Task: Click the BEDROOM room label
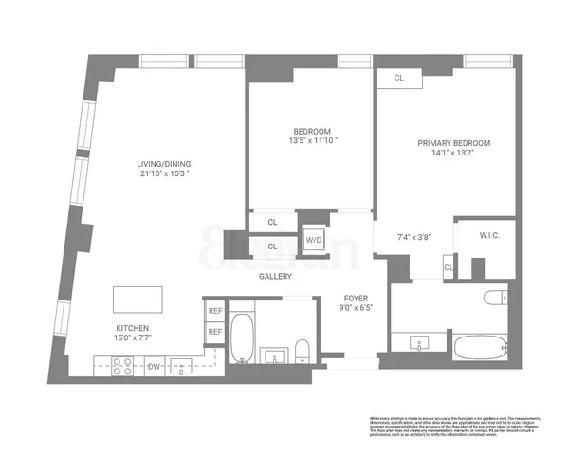click(311, 131)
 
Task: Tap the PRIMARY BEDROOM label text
click(454, 144)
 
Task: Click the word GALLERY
click(275, 277)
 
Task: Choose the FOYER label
click(356, 295)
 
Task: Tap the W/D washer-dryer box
click(313, 241)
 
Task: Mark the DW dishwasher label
click(154, 365)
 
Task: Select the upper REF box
click(215, 310)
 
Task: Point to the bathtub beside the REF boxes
click(241, 337)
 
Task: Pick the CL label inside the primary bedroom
click(400, 79)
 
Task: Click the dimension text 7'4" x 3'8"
click(413, 237)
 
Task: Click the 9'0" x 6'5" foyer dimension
click(356, 306)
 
